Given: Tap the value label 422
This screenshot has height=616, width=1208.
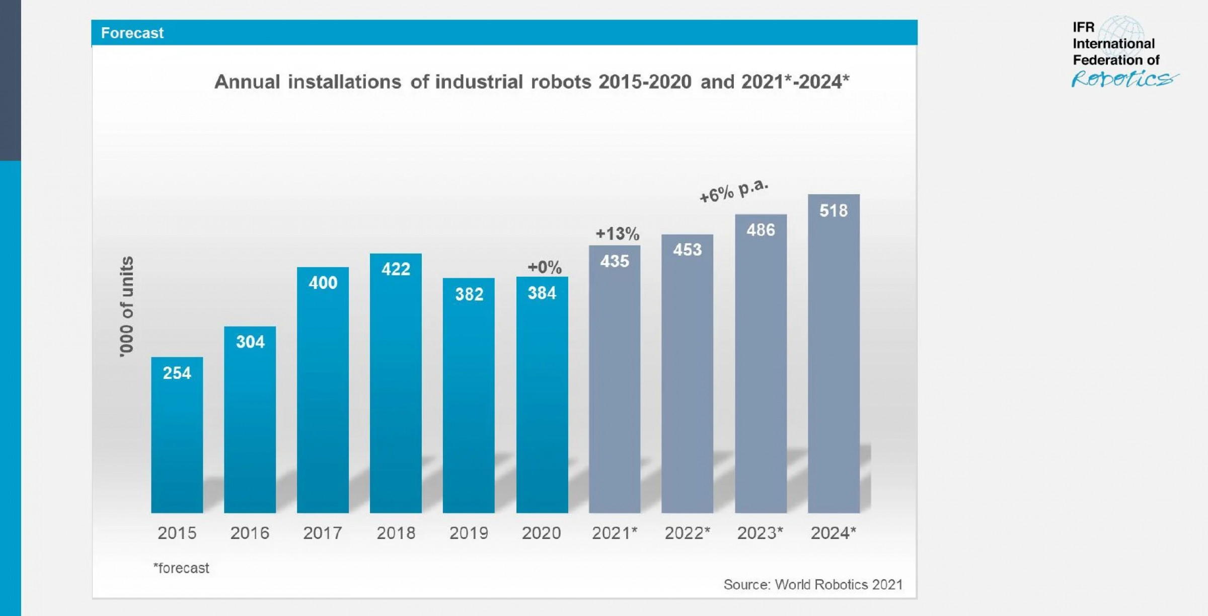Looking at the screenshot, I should pos(396,269).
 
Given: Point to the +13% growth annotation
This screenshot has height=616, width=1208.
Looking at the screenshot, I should pos(617,234).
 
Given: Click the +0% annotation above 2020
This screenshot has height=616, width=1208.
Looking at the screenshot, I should pos(544,267).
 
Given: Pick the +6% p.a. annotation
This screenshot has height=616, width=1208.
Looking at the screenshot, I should pos(734,191).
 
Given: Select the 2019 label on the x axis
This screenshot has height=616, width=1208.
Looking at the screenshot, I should pos(469,533).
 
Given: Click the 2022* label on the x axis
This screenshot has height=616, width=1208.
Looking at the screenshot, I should pos(687,533).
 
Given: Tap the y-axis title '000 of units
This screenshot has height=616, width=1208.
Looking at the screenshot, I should pos(127,307).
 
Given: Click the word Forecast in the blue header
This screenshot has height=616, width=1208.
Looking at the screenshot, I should pos(132,33).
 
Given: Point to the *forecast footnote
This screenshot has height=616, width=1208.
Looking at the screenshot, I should pos(181,568).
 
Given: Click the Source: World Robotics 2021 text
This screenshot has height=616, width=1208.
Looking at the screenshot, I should pos(813,585).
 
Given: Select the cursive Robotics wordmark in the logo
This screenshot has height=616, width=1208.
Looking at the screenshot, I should pos(1123,79).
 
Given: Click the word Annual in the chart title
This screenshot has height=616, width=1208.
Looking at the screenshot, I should pos(247,82).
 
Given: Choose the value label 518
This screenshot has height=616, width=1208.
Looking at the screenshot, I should pos(834,211).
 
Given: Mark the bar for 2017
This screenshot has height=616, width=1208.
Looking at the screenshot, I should pos(323,398).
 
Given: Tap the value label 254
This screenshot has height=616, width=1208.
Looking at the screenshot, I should pos(177,373).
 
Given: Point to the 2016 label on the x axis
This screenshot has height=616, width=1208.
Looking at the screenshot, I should pos(250,533).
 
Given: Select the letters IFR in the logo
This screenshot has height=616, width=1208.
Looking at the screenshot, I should pos(1083,27).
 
